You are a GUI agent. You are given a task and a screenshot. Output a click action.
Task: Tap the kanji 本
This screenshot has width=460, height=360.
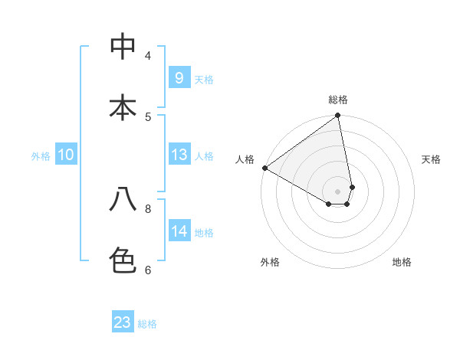pyautogui.click(x=123, y=107)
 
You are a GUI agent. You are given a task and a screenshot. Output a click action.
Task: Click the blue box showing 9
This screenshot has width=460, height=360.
pyautogui.click(x=179, y=77)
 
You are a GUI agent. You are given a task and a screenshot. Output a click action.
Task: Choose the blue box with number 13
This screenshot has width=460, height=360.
pyautogui.click(x=179, y=155)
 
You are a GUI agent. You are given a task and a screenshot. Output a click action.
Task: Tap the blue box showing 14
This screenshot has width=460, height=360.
pyautogui.click(x=179, y=231)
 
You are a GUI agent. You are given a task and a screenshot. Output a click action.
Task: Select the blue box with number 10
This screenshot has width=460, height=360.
pyautogui.click(x=66, y=155)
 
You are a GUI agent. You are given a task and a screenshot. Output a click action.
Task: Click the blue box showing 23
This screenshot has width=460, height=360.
pyautogui.click(x=123, y=322)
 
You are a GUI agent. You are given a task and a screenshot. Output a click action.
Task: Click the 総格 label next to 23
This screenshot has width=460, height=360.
pyautogui.click(x=147, y=324)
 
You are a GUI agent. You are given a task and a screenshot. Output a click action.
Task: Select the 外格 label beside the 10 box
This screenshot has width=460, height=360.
pyautogui.click(x=41, y=156)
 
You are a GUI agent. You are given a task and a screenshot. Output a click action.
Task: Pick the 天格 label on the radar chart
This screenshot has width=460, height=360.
pyautogui.click(x=431, y=159)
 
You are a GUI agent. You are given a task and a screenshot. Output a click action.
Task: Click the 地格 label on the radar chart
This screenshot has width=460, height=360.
pyautogui.click(x=402, y=262)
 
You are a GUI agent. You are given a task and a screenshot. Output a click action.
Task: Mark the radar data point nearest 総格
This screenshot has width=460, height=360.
pyautogui.click(x=337, y=116)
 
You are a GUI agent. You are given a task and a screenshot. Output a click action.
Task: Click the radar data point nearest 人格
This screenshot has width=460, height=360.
pyautogui.click(x=264, y=168)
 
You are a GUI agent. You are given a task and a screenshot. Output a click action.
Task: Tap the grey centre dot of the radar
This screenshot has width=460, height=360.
pyautogui.click(x=337, y=191)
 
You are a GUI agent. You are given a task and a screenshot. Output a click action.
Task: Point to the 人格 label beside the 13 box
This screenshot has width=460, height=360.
pyautogui.click(x=204, y=156)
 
